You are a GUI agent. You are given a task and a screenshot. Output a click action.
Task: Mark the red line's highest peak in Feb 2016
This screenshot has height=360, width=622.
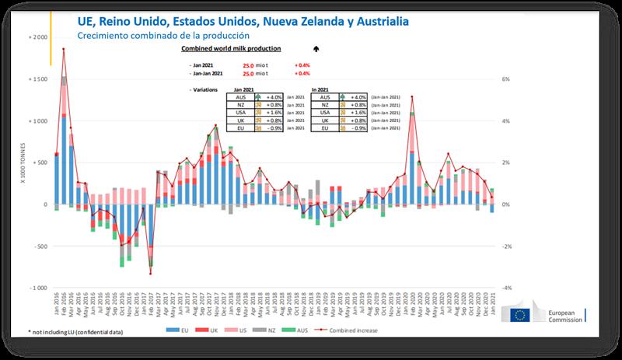tap(64, 49)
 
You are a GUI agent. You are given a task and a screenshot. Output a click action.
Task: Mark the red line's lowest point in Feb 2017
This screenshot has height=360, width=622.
tap(150, 274)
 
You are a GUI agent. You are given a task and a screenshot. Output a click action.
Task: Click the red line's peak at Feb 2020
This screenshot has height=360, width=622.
tap(411, 96)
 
